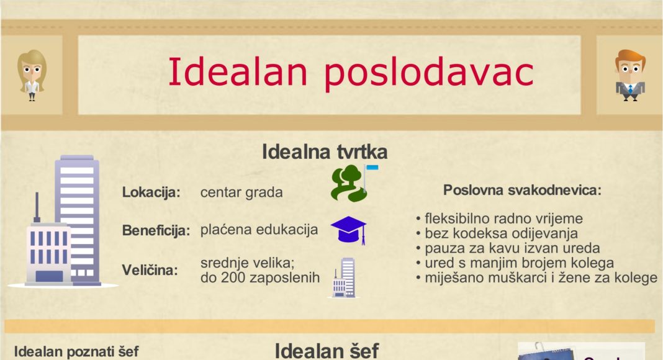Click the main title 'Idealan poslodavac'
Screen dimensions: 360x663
[x=351, y=73]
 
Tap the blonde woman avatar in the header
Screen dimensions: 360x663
[x=32, y=75]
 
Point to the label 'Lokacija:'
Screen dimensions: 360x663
[x=151, y=192]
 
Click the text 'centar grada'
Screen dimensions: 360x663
[x=241, y=192]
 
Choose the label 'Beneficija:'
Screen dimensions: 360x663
[x=155, y=231]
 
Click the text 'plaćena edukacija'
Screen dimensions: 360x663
[x=259, y=230]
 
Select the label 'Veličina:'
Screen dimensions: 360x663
[x=150, y=270]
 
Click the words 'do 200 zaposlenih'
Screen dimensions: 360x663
[x=260, y=277]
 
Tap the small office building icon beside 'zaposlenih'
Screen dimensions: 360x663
[x=343, y=277]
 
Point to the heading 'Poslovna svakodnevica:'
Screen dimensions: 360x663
[x=522, y=191]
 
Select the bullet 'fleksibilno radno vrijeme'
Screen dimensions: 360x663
[x=499, y=219]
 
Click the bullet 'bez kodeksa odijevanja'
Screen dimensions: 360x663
[x=497, y=233]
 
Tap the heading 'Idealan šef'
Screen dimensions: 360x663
[x=326, y=351]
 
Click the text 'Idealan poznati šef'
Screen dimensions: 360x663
[x=76, y=352]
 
